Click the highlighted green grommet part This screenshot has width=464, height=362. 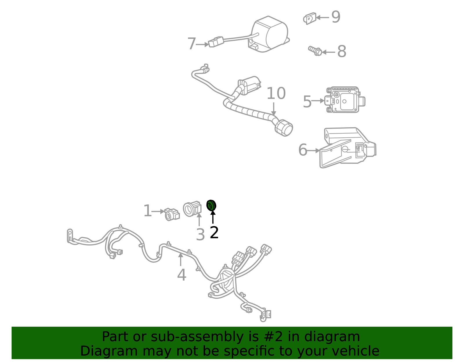click(211, 205)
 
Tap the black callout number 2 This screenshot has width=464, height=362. click(214, 233)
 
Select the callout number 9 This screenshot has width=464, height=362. click(336, 17)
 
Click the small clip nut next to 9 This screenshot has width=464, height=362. click(309, 19)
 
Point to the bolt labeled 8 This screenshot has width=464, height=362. click(315, 51)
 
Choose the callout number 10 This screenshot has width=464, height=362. click(276, 94)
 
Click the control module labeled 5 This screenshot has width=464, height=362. click(345, 100)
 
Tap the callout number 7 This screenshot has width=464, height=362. click(192, 44)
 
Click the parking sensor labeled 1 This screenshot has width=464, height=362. click(172, 214)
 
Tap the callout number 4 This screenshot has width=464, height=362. click(182, 275)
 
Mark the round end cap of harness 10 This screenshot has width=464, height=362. click(284, 128)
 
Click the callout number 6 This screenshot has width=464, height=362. click(302, 150)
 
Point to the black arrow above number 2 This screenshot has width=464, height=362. click(213, 217)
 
